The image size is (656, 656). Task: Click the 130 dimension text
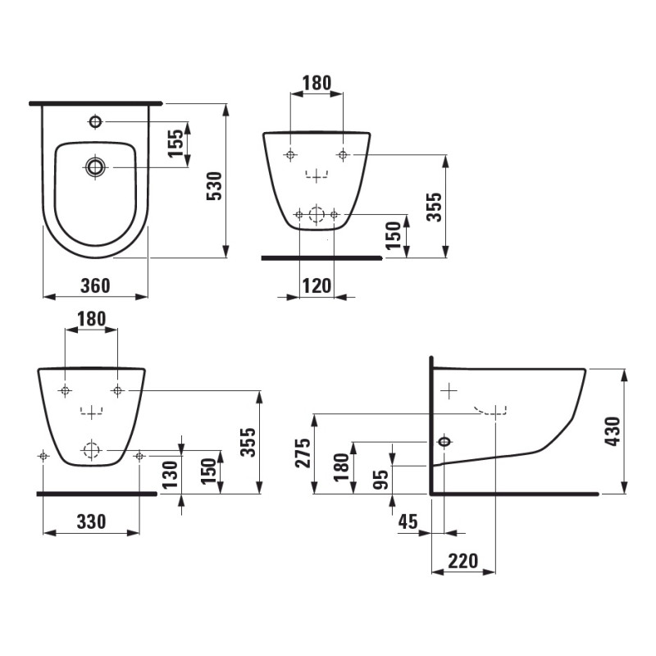169,473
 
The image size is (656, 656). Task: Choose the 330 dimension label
91,522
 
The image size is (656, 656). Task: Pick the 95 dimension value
380,479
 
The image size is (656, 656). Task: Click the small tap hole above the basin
95,122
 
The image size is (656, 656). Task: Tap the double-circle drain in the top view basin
96,167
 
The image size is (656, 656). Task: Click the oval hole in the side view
444,442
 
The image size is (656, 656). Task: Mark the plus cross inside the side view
449,391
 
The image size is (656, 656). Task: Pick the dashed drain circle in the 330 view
91,449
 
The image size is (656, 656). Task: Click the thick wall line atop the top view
95,104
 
